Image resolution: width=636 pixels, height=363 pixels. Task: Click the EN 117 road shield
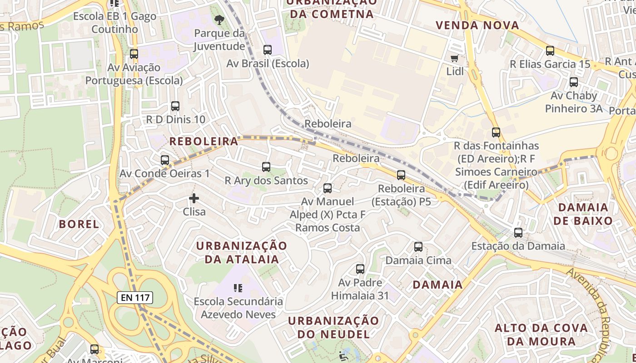pyautogui.click(x=135, y=298)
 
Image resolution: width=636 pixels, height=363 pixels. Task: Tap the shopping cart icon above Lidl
pyautogui.click(x=454, y=58)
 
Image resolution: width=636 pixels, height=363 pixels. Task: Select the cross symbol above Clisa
pyautogui.click(x=194, y=198)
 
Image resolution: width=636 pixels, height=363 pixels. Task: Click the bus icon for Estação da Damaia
pyautogui.click(x=518, y=233)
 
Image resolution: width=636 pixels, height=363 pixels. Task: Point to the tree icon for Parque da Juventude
pyautogui.click(x=219, y=20)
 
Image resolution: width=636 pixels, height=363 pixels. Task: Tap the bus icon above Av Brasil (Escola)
pyautogui.click(x=268, y=50)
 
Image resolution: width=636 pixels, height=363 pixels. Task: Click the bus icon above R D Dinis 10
pyautogui.click(x=175, y=106)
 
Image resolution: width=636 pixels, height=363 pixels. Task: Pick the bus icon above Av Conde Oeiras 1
pyautogui.click(x=165, y=160)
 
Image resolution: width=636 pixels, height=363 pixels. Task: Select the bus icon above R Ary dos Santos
pyautogui.click(x=266, y=167)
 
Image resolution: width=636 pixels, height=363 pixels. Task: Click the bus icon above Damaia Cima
pyautogui.click(x=418, y=247)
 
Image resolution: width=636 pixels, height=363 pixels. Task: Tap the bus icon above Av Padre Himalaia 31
pyautogui.click(x=360, y=269)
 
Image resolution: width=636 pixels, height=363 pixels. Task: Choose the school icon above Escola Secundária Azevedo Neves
pyautogui.click(x=238, y=288)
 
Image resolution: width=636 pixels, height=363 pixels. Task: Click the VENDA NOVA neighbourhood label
pyautogui.click(x=477, y=25)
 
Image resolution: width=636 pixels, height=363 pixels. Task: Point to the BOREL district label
pyautogui.click(x=79, y=224)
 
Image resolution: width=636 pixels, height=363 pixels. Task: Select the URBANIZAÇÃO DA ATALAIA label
pyautogui.click(x=242, y=252)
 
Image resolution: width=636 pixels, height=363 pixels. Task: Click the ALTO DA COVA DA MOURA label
pyautogui.click(x=541, y=334)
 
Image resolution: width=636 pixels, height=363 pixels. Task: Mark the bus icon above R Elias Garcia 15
pyautogui.click(x=550, y=51)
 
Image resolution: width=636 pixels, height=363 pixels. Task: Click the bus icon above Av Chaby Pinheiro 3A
pyautogui.click(x=574, y=82)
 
